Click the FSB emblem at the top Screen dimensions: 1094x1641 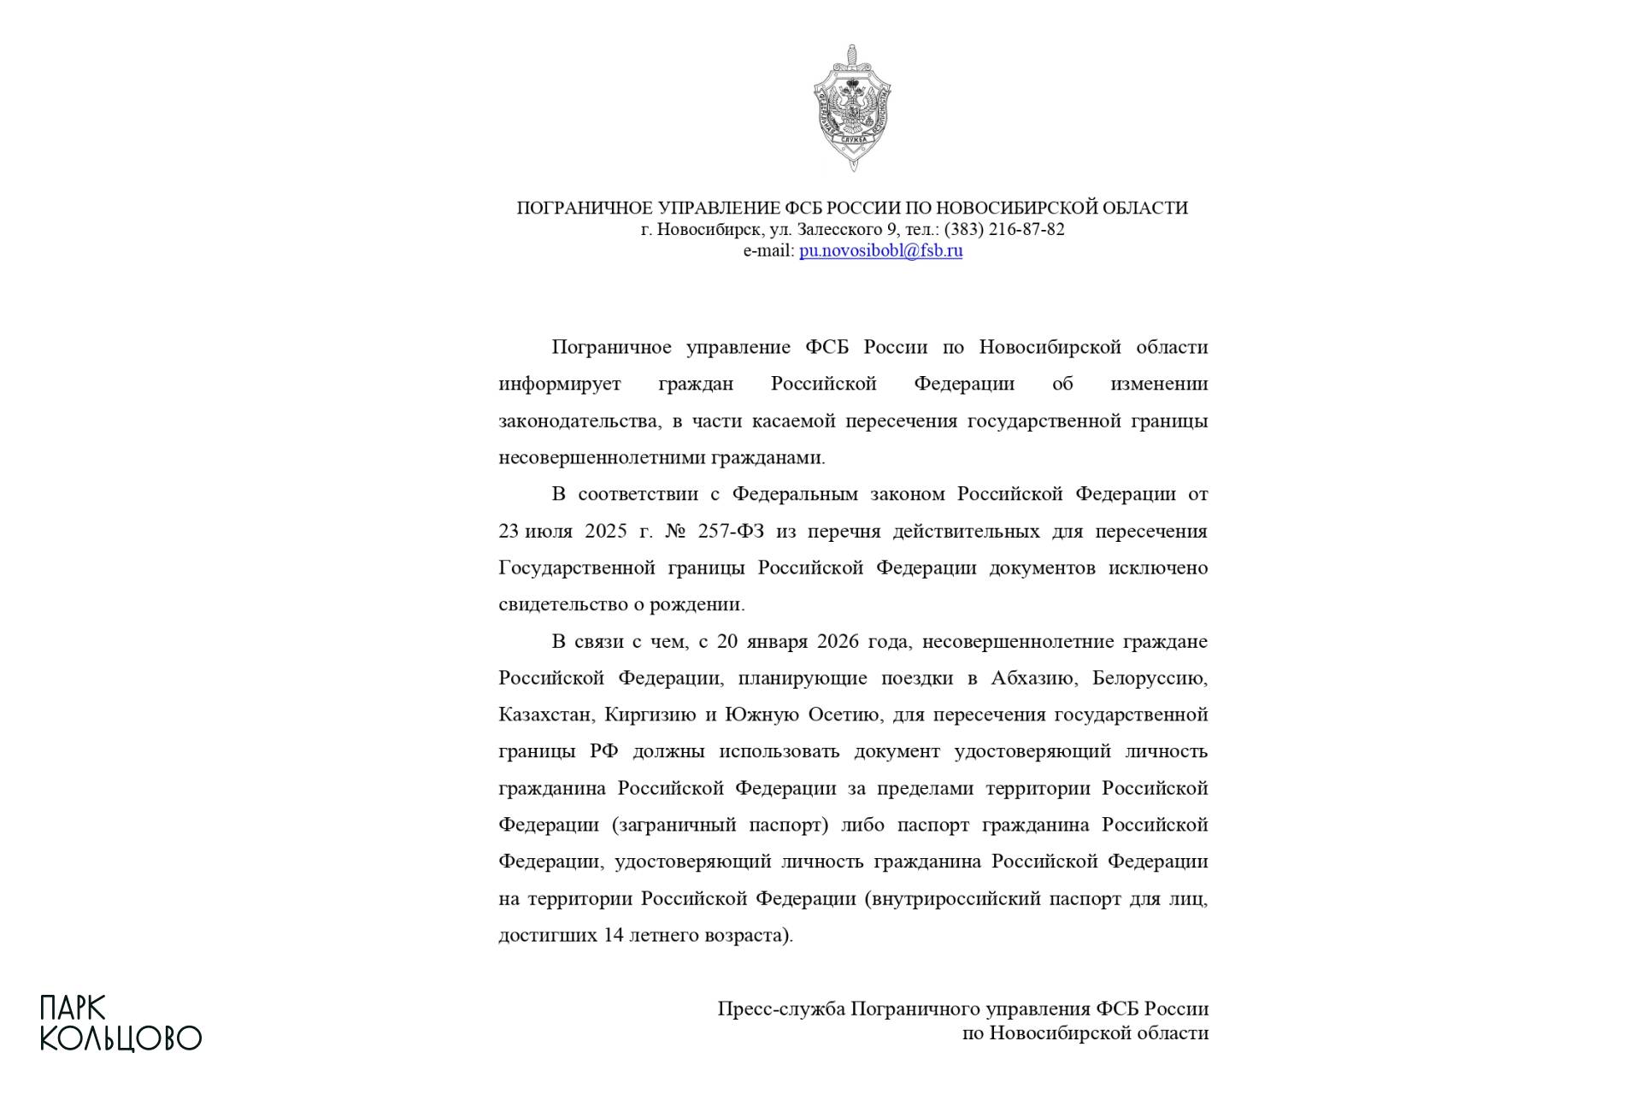tap(852, 108)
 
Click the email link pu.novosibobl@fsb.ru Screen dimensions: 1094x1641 tap(880, 250)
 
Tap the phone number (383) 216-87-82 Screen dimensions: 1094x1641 tap(1004, 229)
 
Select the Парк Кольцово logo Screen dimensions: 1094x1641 tap(121, 1023)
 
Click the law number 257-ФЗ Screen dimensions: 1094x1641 tap(731, 531)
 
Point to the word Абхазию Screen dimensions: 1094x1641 tap(1032, 678)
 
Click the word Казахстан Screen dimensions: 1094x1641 tap(545, 715)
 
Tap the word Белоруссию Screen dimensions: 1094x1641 tap(1150, 678)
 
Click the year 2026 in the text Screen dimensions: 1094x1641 tap(838, 641)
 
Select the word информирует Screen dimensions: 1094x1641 tap(560, 384)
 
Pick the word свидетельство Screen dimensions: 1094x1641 tap(560, 604)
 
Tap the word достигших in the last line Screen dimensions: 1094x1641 tap(547, 935)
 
